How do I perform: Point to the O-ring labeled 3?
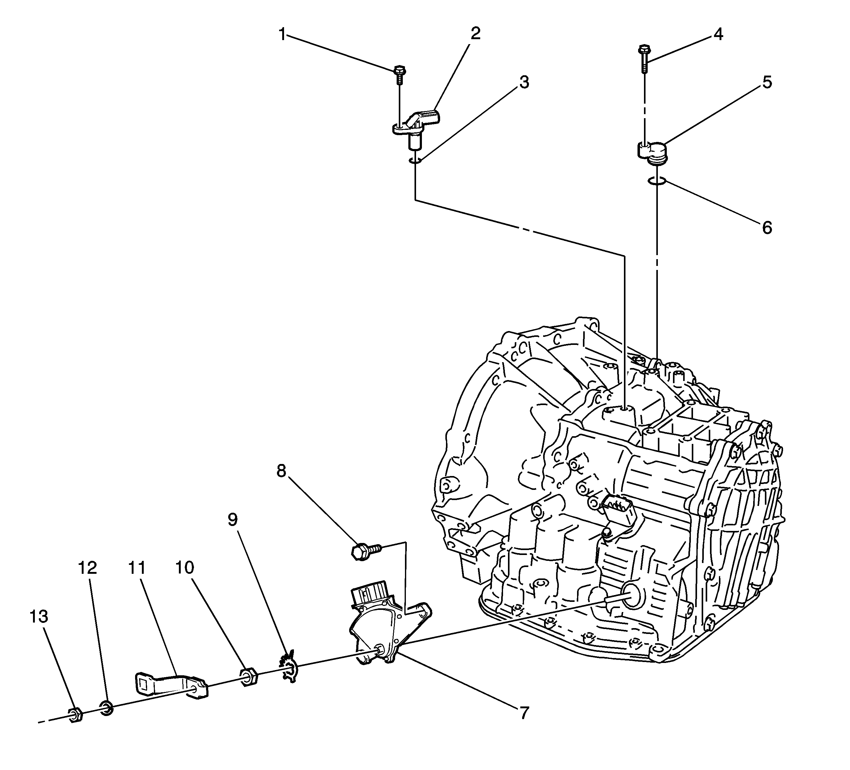[x=415, y=160]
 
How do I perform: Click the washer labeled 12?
[x=106, y=708]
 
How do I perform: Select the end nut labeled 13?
[x=75, y=715]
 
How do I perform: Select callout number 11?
[x=137, y=568]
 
